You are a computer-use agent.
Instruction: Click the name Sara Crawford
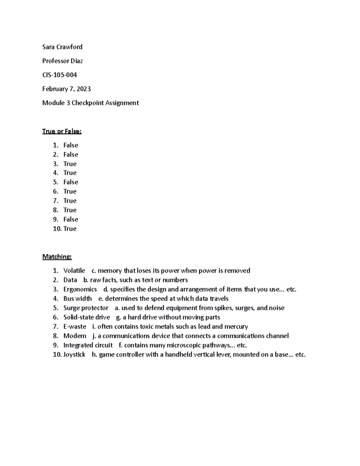[62, 47]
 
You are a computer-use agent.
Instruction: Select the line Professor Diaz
[62, 61]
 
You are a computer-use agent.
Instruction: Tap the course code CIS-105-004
[60, 75]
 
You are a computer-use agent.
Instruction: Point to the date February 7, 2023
[66, 89]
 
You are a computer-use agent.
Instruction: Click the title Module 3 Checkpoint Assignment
[90, 103]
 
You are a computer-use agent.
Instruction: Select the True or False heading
[62, 131]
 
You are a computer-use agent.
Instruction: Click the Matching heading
[57, 257]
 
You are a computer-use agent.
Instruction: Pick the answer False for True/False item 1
[71, 145]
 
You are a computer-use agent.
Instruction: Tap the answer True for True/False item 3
[70, 164]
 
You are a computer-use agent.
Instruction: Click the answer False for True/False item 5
[71, 182]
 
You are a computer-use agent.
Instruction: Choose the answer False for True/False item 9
[71, 219]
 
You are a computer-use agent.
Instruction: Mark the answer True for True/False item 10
[70, 229]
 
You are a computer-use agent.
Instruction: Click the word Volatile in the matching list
[74, 271]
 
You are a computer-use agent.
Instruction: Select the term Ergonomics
[80, 289]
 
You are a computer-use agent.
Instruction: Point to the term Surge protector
[86, 308]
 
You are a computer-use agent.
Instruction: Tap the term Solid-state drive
[87, 317]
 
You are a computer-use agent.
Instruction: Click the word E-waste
[75, 326]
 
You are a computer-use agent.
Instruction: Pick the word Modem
[75, 336]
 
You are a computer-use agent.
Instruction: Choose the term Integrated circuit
[88, 345]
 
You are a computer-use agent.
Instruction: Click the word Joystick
[74, 354]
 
